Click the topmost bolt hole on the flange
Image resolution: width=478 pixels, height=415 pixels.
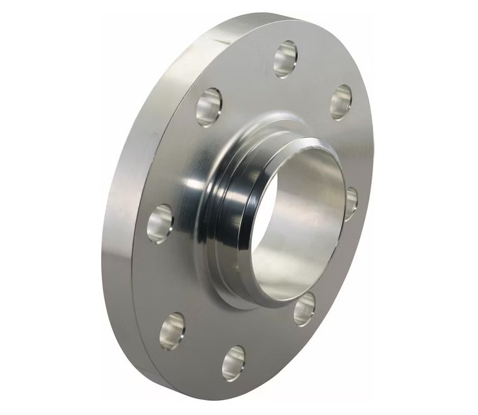(x=285, y=58)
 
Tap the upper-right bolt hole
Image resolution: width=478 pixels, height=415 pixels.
(x=341, y=102)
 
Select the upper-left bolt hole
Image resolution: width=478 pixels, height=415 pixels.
(x=209, y=107)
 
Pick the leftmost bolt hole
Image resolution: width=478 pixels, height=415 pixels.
(x=160, y=223)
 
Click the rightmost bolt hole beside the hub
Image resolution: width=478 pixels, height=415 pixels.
(x=350, y=203)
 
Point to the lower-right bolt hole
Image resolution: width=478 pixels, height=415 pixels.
(x=304, y=309)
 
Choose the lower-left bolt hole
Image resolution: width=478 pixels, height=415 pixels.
(x=172, y=331)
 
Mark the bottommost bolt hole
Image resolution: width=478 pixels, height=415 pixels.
(x=234, y=363)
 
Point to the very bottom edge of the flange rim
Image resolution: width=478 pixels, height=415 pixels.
(x=214, y=396)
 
